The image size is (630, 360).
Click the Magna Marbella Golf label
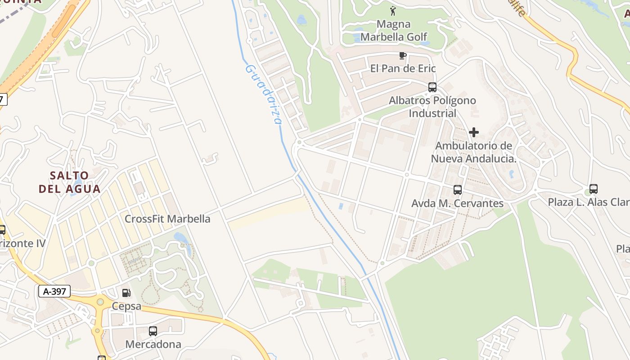(x=394, y=30)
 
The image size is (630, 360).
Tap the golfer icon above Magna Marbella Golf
(x=393, y=10)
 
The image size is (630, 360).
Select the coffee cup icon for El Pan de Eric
(x=403, y=56)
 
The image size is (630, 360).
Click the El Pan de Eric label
(x=403, y=68)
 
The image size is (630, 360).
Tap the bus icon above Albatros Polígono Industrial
(x=432, y=87)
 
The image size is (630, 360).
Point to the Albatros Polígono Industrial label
(x=432, y=107)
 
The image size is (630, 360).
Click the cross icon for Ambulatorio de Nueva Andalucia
(x=473, y=132)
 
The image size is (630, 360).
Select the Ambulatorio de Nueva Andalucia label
(x=473, y=152)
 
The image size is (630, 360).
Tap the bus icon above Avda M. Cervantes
(x=457, y=190)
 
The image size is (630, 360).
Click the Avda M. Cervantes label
(x=457, y=203)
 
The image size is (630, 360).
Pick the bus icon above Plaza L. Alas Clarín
(x=593, y=189)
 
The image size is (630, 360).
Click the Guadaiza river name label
(x=263, y=94)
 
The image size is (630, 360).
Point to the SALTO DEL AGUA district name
(x=69, y=182)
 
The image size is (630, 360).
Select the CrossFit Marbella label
(x=167, y=219)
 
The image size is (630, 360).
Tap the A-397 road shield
(x=54, y=292)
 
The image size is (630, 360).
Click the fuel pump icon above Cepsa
(x=126, y=293)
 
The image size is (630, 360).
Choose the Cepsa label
(x=126, y=306)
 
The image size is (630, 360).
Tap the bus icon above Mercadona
(x=153, y=331)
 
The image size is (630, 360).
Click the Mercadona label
(x=153, y=345)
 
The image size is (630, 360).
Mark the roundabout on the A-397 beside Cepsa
(x=100, y=302)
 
